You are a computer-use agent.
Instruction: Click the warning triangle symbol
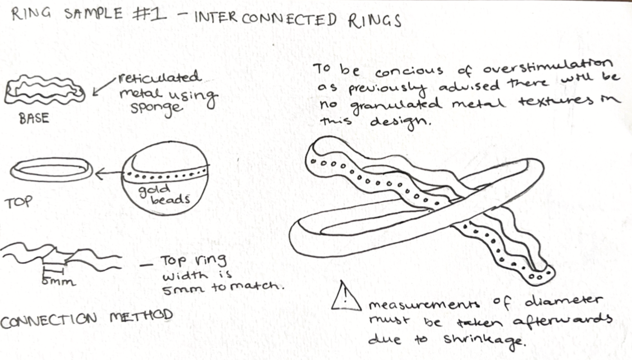[x=345, y=297]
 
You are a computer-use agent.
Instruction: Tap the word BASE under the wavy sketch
[x=34, y=118]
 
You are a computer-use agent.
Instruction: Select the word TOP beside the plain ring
[x=19, y=202]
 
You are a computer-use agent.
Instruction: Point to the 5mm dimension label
[x=58, y=281]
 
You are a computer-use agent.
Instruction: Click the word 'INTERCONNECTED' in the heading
[x=266, y=18]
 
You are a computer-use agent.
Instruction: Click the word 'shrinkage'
[x=485, y=340]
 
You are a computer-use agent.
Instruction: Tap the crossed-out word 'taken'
[x=480, y=322]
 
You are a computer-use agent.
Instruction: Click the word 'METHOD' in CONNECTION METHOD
[x=141, y=316]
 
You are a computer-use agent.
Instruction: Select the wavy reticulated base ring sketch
[x=44, y=92]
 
